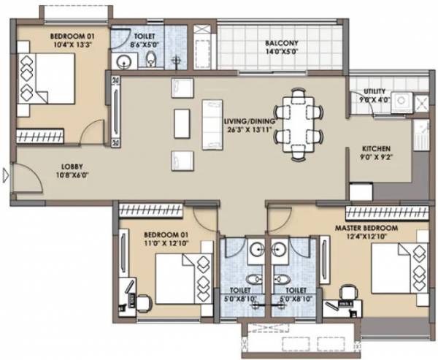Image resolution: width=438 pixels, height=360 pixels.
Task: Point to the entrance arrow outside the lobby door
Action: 6,175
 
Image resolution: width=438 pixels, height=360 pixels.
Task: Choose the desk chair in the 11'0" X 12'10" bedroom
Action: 143,300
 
